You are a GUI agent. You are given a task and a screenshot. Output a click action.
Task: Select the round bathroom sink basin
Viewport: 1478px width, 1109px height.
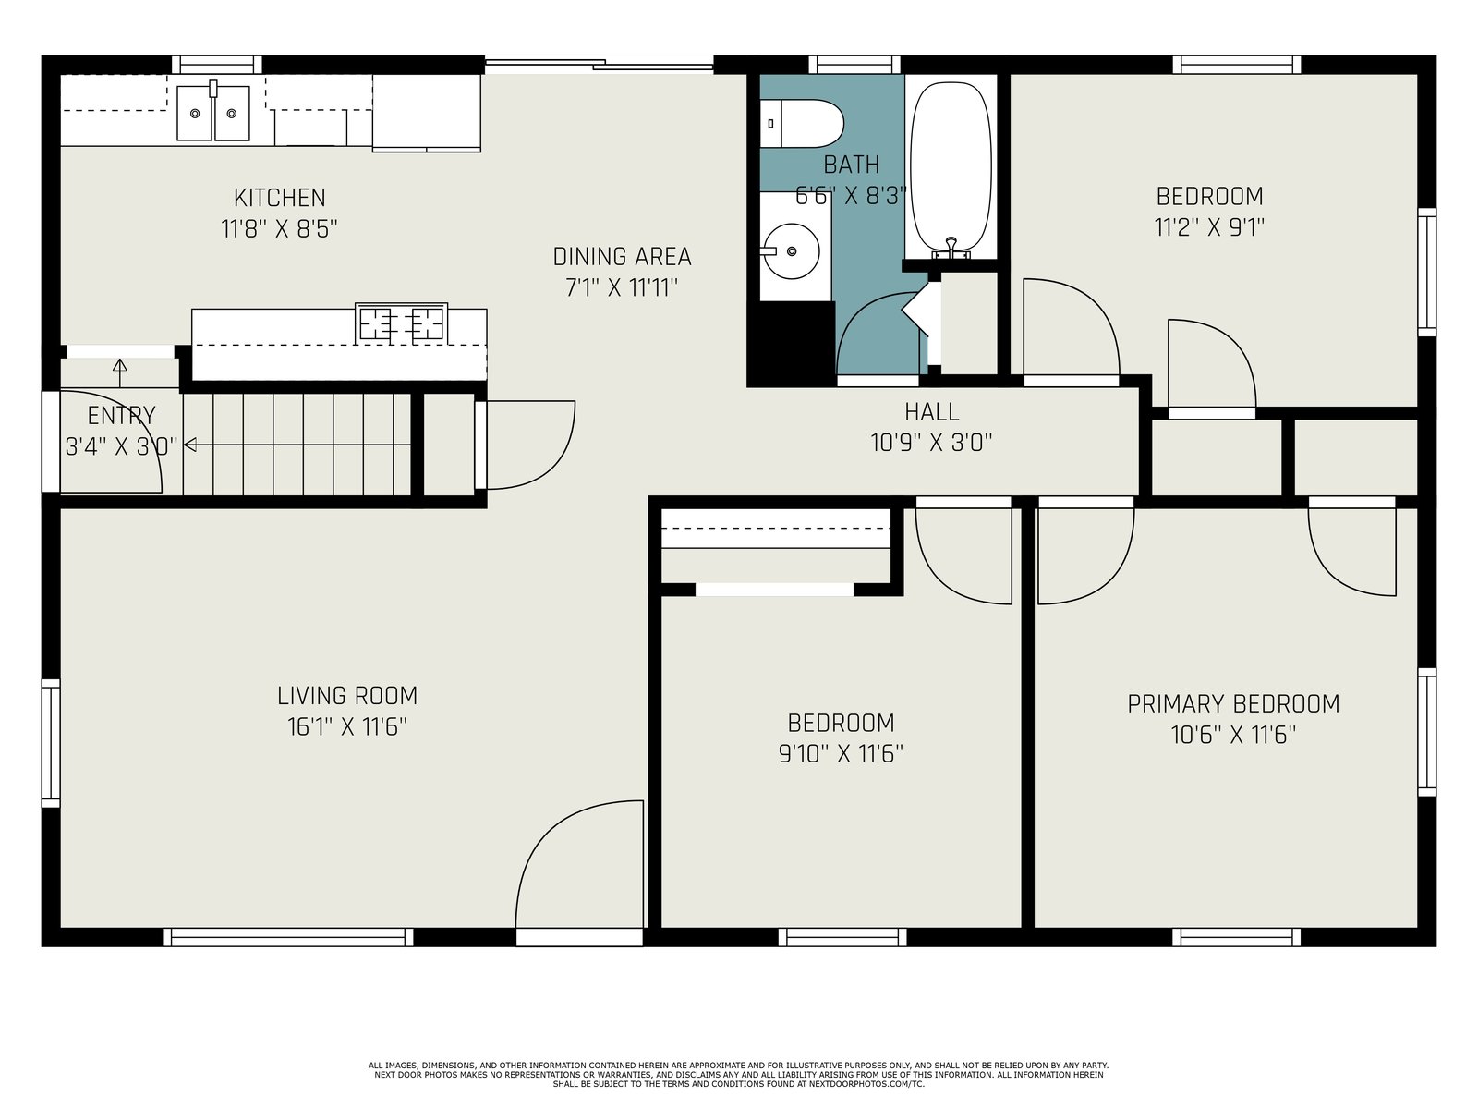[791, 251]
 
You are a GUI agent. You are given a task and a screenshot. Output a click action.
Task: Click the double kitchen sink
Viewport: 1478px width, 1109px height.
[212, 113]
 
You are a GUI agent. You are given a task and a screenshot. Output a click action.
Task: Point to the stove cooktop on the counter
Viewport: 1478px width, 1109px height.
[401, 323]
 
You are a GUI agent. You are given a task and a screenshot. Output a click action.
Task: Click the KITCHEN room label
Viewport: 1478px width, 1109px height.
[280, 197]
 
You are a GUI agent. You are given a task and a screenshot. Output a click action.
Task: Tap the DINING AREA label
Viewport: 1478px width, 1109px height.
[622, 257]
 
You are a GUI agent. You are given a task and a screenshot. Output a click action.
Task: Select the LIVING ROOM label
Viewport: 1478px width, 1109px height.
[347, 696]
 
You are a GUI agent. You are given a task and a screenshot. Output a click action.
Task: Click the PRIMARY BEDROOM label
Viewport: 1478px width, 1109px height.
[1233, 703]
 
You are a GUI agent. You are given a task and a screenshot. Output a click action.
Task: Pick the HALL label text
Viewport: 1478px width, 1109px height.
[931, 411]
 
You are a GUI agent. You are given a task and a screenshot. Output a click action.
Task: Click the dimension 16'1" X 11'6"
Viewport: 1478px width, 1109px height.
[347, 727]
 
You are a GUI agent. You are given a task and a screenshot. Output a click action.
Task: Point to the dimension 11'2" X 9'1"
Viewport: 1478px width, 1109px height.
[1209, 227]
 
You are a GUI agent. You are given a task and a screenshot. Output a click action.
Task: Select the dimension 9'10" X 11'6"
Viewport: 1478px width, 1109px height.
[841, 754]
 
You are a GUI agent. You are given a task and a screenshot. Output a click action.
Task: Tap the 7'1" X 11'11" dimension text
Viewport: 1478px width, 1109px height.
[622, 288]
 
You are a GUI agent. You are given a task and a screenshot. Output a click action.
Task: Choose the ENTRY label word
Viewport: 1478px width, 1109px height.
[121, 416]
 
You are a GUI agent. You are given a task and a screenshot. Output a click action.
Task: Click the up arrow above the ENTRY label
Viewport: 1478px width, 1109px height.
[120, 373]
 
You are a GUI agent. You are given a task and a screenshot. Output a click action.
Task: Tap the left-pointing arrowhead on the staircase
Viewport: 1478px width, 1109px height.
[190, 445]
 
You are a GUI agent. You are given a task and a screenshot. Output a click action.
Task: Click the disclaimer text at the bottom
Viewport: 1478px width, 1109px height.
[739, 1075]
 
